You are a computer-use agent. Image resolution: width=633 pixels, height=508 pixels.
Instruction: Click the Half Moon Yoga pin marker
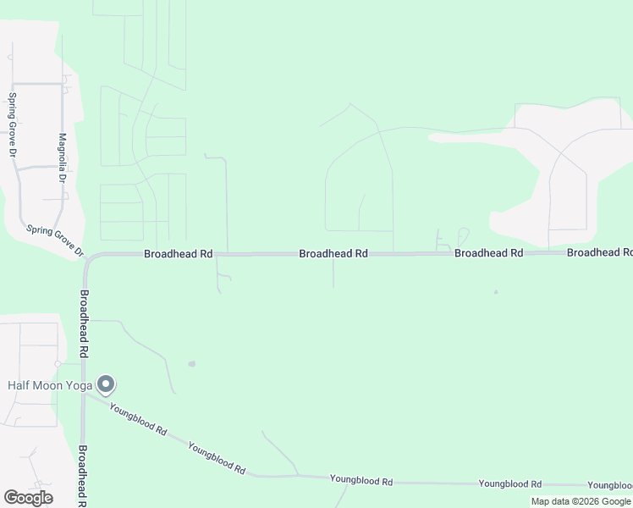(x=106, y=385)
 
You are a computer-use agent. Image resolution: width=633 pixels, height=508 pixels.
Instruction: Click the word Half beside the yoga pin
(x=20, y=385)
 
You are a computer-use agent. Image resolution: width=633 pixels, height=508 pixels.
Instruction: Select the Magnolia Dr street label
(x=62, y=157)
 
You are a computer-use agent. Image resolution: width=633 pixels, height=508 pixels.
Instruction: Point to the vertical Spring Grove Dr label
(x=13, y=125)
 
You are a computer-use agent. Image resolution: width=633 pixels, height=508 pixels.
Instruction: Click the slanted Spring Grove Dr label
(x=56, y=240)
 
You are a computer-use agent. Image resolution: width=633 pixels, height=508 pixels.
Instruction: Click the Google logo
(x=28, y=498)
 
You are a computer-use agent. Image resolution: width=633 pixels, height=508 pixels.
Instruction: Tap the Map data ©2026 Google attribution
(x=581, y=501)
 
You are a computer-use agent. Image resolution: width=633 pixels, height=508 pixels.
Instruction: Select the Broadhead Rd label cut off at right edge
(x=599, y=253)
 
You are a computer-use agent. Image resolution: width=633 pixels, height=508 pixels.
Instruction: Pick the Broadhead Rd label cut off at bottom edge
(x=83, y=477)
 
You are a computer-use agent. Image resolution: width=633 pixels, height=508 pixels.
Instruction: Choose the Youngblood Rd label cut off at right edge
(x=610, y=485)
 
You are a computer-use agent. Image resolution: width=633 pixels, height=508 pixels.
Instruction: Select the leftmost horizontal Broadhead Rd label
(x=178, y=253)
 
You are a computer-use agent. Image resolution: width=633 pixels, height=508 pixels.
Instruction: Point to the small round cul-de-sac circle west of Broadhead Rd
(x=57, y=363)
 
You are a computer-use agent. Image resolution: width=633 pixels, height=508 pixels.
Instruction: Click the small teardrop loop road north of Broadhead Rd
(x=462, y=235)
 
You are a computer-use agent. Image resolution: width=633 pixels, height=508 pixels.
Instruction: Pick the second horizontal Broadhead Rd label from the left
(x=333, y=253)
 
